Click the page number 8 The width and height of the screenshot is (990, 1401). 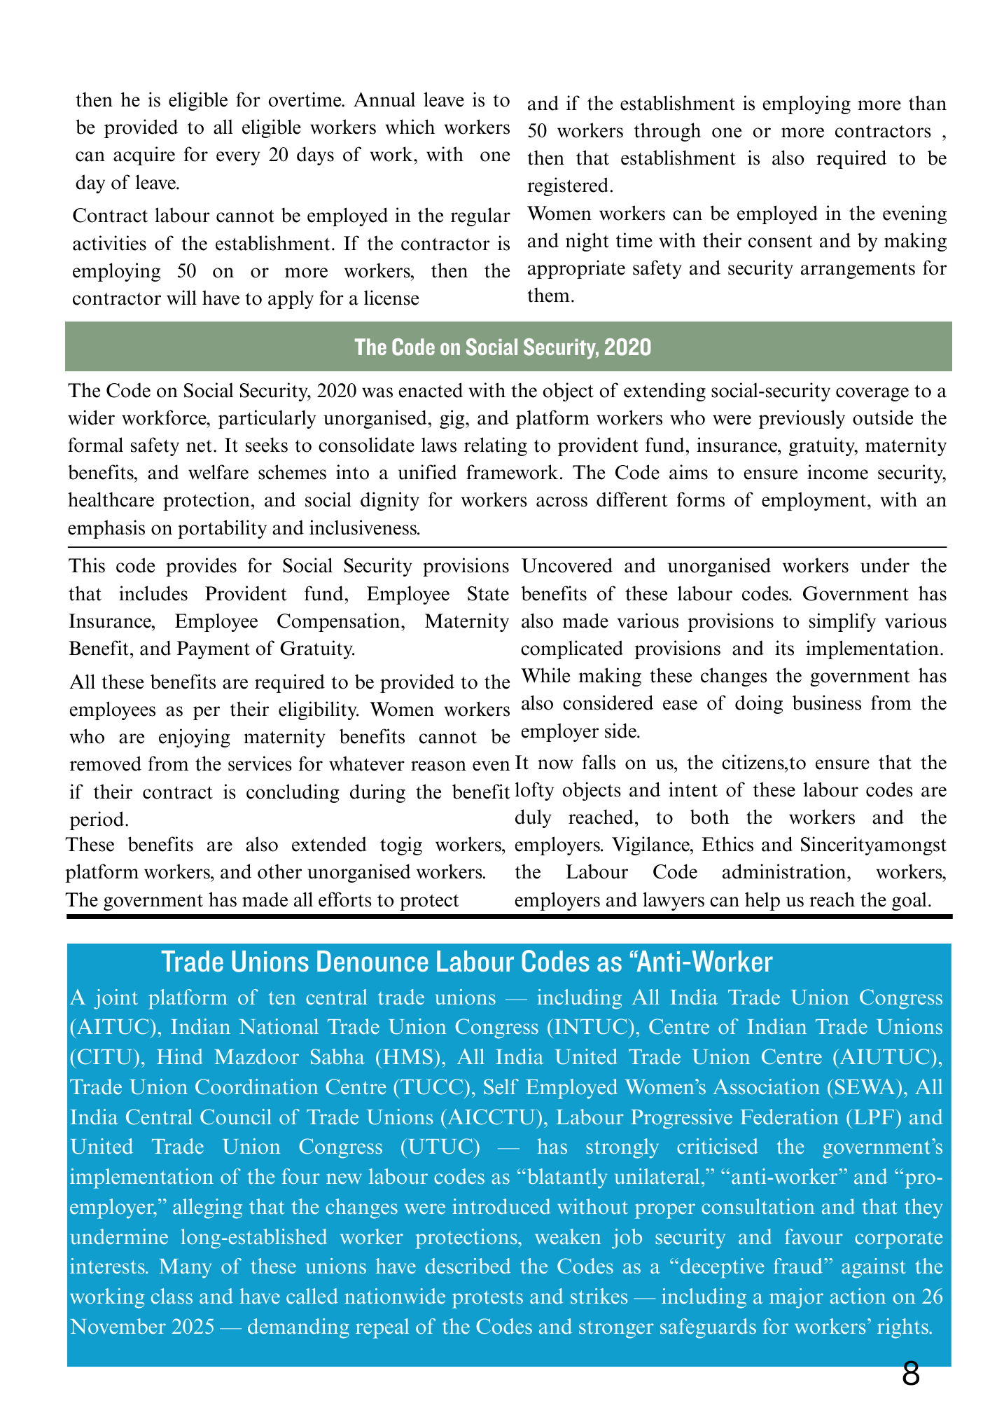click(x=910, y=1374)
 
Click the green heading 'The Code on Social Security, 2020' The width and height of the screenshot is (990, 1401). click(x=503, y=347)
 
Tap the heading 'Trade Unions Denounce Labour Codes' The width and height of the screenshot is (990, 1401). click(x=466, y=962)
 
